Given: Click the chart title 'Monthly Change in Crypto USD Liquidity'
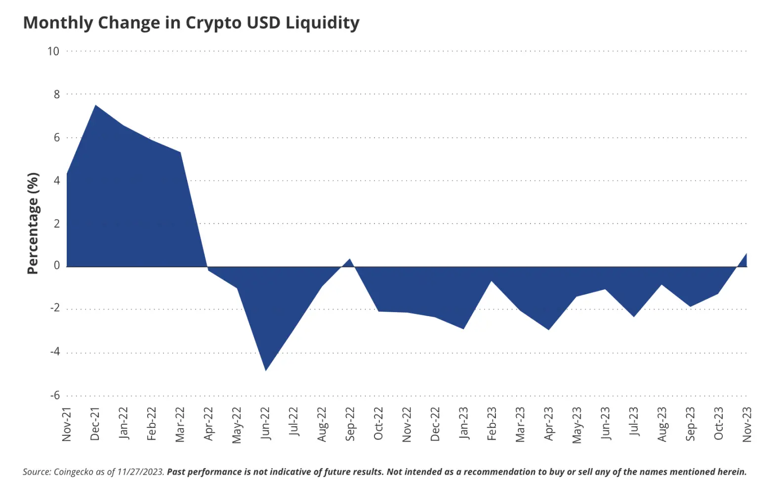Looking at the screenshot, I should tap(191, 23).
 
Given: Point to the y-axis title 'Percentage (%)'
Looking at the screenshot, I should tap(33, 223).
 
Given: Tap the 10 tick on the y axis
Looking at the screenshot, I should tap(53, 51).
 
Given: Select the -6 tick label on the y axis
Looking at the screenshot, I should tap(54, 395).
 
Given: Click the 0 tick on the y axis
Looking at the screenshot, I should tap(56, 266).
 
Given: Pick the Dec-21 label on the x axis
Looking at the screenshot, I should tap(95, 424).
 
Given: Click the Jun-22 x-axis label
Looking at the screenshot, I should tap(265, 423).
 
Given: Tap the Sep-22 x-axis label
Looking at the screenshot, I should tap(350, 424).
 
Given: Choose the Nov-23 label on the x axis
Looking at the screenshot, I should tap(747, 424).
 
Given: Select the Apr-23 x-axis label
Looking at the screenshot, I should tap(549, 423).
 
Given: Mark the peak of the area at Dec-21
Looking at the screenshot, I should tap(95, 105).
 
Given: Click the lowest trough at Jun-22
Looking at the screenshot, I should tap(266, 370).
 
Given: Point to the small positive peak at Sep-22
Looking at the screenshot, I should tap(350, 259).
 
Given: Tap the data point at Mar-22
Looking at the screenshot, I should tap(180, 152).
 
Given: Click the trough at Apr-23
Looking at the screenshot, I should tap(549, 329).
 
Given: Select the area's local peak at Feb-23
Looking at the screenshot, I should tap(492, 281).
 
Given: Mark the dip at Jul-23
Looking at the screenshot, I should tap(634, 317).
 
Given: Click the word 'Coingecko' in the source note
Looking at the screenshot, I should tap(74, 472).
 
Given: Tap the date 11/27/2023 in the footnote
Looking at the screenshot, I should tap(140, 472).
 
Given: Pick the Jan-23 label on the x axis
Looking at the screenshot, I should tap(463, 423).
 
